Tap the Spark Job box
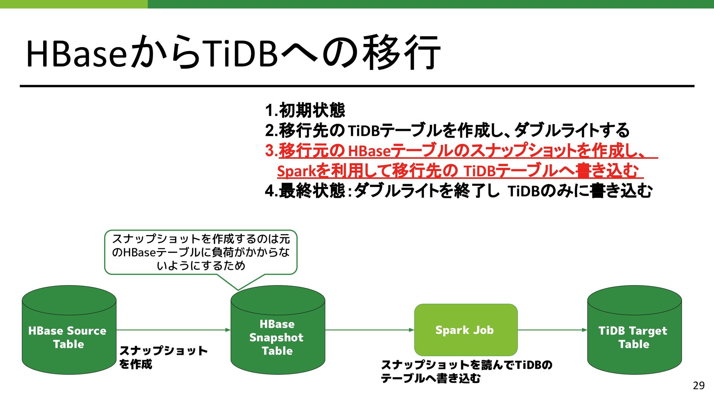(466, 330)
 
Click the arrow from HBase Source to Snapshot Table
(173, 330)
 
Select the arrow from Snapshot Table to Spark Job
(370, 330)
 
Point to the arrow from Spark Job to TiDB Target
(552, 330)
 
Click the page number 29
(698, 386)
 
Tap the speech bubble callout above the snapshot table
(201, 252)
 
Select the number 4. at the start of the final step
(271, 191)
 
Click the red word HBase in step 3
(369, 151)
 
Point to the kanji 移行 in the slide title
(402, 52)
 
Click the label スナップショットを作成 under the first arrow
(163, 357)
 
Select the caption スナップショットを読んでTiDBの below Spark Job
(466, 365)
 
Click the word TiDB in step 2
(363, 131)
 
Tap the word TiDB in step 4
(523, 192)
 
